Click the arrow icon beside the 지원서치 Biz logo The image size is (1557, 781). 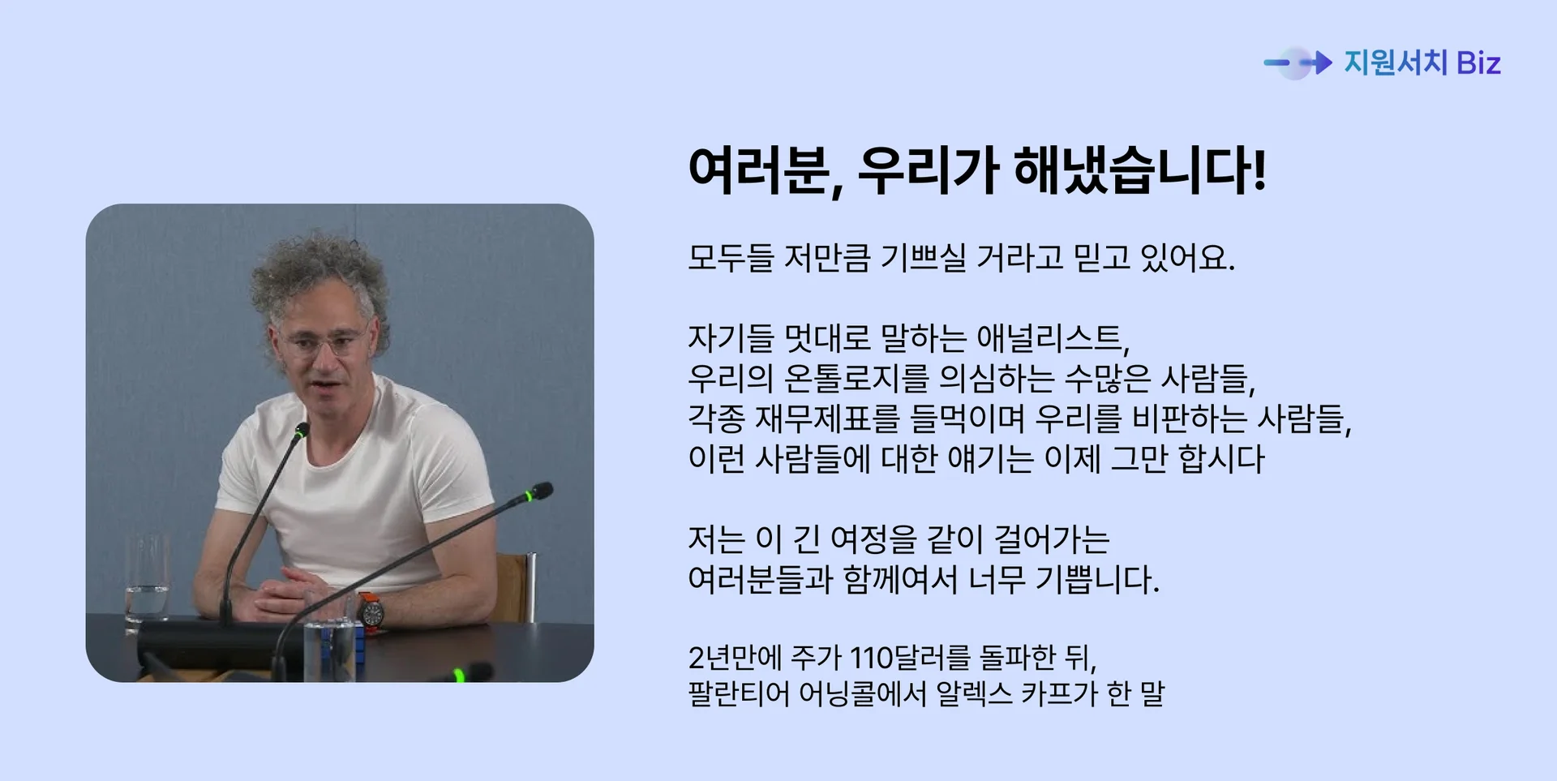tap(1298, 62)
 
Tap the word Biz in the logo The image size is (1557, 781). tap(1478, 63)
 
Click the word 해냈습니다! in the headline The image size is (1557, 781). tap(1139, 171)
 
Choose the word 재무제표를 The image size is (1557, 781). tap(827, 418)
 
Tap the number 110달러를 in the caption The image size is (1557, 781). tap(910, 657)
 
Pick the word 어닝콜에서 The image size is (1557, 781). tap(861, 693)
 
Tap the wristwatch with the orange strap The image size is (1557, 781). tap(371, 612)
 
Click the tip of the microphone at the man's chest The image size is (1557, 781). tap(302, 430)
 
